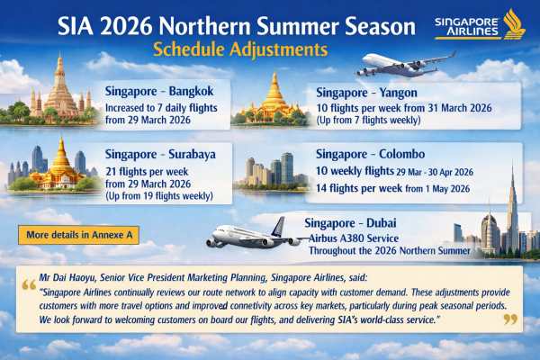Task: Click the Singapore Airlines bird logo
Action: coord(515,23)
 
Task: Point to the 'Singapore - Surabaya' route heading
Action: coord(160,154)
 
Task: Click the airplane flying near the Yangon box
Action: coord(404,65)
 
